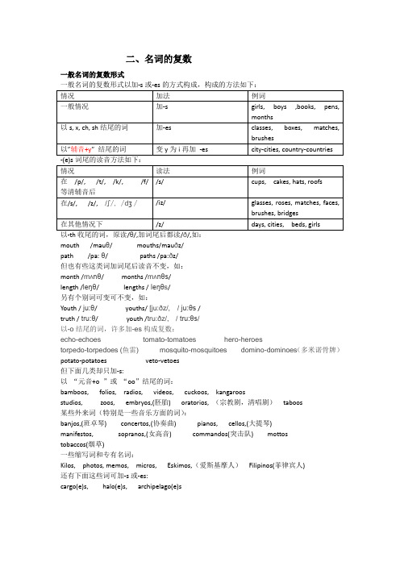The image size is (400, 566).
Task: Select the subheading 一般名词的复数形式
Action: pyautogui.click(x=91, y=75)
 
